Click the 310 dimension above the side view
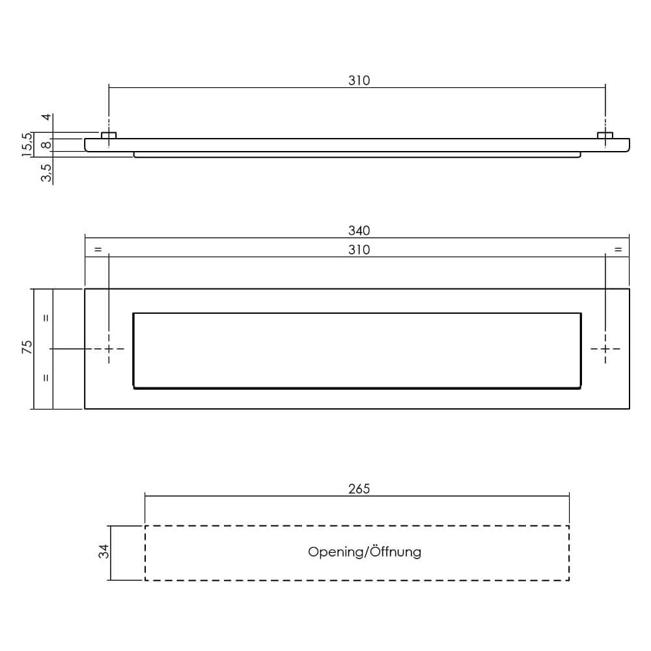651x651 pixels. [359, 81]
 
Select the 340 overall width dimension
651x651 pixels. [359, 230]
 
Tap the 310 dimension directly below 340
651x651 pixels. [359, 250]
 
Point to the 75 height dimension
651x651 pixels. [27, 347]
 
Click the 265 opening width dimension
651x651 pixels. [359, 488]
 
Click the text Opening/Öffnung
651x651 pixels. [365, 552]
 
